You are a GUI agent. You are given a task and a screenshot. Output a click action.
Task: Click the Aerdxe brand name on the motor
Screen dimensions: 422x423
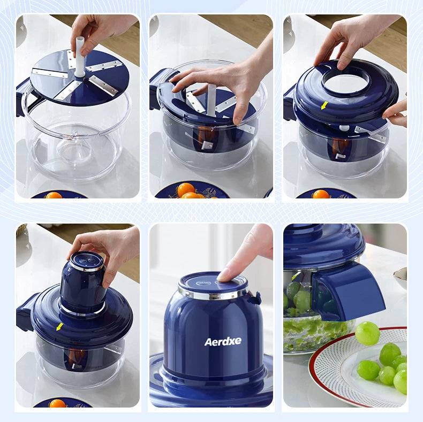pyautogui.click(x=223, y=341)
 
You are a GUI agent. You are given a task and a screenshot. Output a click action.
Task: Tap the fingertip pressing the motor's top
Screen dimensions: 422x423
pyautogui.click(x=228, y=273)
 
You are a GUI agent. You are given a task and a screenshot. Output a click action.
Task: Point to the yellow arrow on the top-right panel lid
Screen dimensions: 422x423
pyautogui.click(x=324, y=105)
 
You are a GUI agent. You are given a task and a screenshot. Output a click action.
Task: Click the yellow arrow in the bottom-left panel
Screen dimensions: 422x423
pyautogui.click(x=59, y=326)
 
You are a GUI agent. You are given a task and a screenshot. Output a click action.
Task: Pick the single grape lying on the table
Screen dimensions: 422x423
pyautogui.click(x=367, y=333)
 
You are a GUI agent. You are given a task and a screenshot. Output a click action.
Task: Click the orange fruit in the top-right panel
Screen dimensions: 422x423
pyautogui.click(x=321, y=194)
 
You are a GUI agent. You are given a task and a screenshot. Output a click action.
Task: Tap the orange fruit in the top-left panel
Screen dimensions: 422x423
pyautogui.click(x=54, y=195)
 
